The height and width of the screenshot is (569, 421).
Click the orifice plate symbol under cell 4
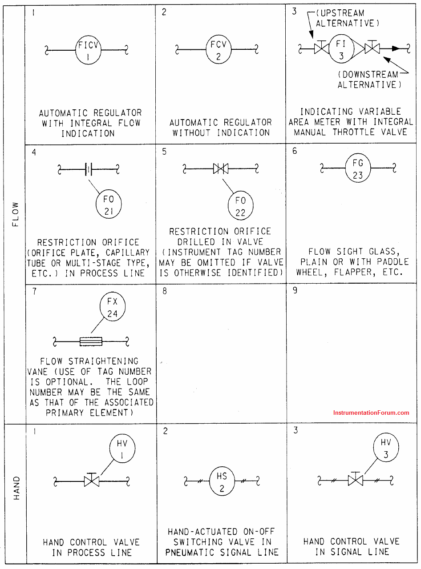[x=89, y=169]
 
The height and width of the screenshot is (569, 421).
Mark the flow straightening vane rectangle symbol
[x=91, y=342]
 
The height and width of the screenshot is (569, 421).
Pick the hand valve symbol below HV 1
[x=92, y=480]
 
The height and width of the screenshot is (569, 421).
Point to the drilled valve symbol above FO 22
[x=221, y=169]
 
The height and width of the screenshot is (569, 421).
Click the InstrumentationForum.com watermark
[x=371, y=413]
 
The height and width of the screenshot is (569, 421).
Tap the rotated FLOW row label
[x=16, y=214]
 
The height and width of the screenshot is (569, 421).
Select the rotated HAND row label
[x=16, y=488]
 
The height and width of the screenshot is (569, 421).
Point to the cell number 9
[x=295, y=290]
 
